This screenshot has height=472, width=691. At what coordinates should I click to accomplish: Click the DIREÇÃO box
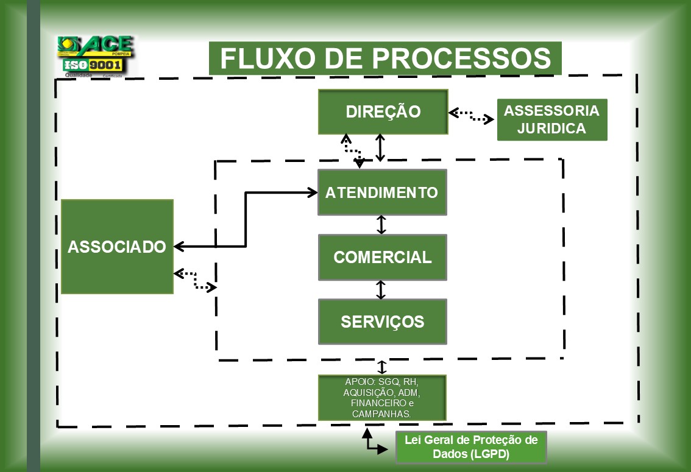[x=383, y=112]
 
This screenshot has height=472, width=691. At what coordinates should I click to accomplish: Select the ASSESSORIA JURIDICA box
[x=552, y=120]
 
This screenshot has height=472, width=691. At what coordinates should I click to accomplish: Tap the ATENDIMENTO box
[x=382, y=192]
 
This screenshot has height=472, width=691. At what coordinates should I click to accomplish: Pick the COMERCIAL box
[x=382, y=257]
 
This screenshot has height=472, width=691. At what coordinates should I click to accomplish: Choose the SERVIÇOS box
[x=382, y=322]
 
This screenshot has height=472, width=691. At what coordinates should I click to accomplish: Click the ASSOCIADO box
[x=117, y=247]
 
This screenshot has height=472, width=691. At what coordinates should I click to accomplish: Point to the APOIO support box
[x=382, y=398]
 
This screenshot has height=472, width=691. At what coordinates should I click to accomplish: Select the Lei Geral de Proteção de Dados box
[x=471, y=448]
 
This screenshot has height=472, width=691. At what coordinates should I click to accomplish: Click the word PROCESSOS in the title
[x=461, y=58]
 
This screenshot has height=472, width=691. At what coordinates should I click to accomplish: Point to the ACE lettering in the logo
[x=107, y=44]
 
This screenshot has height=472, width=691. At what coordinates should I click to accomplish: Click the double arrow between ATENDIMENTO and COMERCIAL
[x=381, y=224]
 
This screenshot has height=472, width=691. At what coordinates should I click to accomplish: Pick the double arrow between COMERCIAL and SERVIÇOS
[x=381, y=289]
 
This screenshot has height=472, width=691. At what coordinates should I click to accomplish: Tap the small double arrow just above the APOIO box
[x=382, y=367]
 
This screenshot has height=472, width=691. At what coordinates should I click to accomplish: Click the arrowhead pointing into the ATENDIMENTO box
[x=312, y=192]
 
